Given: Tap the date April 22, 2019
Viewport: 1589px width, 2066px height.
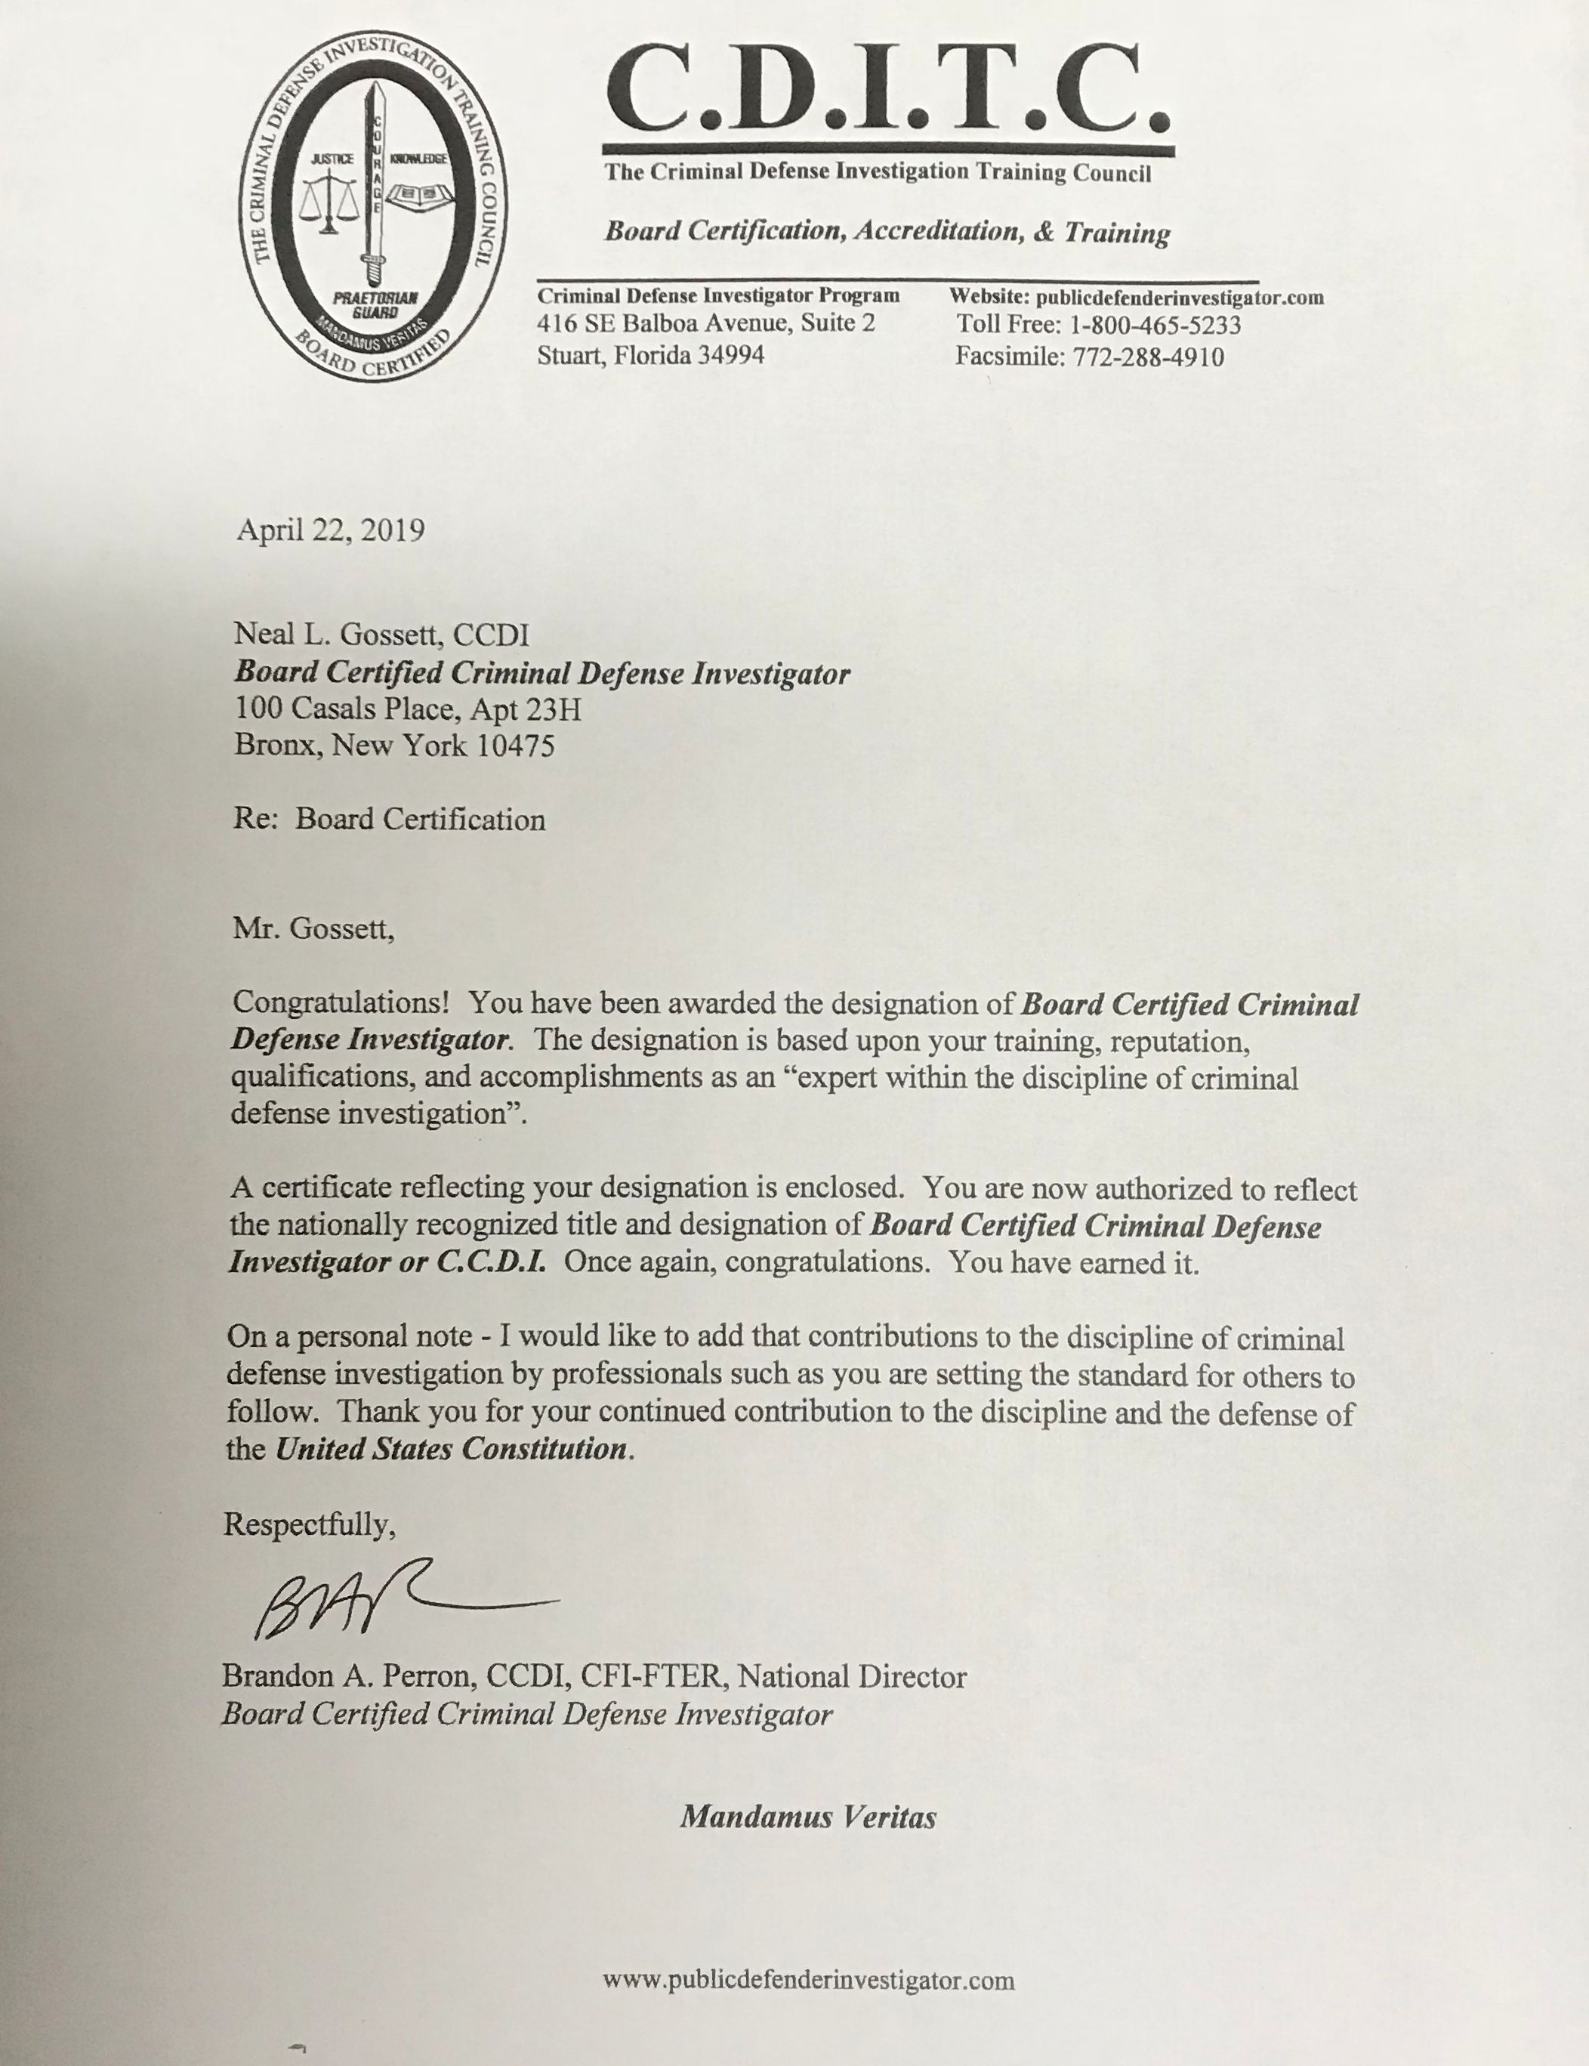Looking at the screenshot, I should (330, 530).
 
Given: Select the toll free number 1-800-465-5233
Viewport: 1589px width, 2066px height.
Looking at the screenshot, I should (1155, 326).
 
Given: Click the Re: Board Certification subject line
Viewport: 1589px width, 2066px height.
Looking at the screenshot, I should (390, 819).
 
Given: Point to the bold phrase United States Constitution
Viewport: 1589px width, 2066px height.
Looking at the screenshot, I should (450, 1450).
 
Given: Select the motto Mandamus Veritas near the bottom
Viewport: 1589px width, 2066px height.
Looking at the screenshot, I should (808, 1817).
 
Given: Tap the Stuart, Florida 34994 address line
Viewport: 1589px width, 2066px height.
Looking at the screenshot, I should (651, 356).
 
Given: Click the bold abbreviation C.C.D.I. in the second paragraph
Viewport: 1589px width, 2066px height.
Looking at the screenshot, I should (491, 1263).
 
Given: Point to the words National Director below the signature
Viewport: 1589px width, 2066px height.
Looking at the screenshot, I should (852, 1677).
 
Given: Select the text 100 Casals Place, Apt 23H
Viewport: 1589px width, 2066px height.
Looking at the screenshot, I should (408, 709).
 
